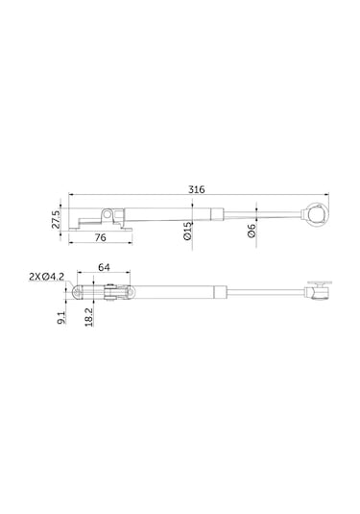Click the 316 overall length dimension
(196, 189)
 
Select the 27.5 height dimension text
(56, 219)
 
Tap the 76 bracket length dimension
(100, 237)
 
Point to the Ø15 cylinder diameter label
(187, 231)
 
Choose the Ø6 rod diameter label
(252, 231)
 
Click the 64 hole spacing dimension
(104, 267)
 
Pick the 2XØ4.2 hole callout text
(46, 278)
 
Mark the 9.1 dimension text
(61, 318)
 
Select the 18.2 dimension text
(88, 317)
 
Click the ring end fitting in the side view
(317, 213)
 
